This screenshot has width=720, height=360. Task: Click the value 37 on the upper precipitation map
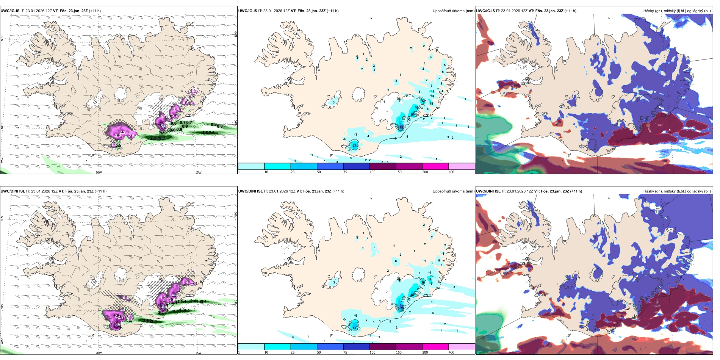point(355,146)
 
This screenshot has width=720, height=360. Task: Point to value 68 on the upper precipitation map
point(402,127)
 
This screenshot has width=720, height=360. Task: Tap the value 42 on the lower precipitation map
point(355,328)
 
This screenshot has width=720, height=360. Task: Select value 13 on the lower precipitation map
point(355,316)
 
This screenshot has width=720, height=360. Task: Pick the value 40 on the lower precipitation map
point(412,295)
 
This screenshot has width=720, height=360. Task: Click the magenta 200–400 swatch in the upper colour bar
point(435,166)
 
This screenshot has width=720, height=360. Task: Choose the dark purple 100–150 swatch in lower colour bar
point(383,347)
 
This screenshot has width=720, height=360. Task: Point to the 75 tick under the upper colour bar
point(345,172)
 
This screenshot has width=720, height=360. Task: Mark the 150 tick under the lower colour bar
point(399,352)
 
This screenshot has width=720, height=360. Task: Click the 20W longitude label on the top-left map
point(99,172)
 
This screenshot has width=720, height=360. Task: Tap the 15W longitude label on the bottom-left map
point(198,353)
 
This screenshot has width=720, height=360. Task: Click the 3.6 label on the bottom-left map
point(117,324)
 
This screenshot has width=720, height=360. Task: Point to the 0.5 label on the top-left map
point(118,145)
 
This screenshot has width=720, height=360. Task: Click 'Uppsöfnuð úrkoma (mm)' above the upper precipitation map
point(453,11)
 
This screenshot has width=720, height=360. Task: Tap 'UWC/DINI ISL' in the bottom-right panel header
point(488,191)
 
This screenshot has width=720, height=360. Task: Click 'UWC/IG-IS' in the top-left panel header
point(10,11)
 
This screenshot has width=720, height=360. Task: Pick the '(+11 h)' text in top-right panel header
point(570,11)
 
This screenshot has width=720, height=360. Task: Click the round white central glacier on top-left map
point(122,93)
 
